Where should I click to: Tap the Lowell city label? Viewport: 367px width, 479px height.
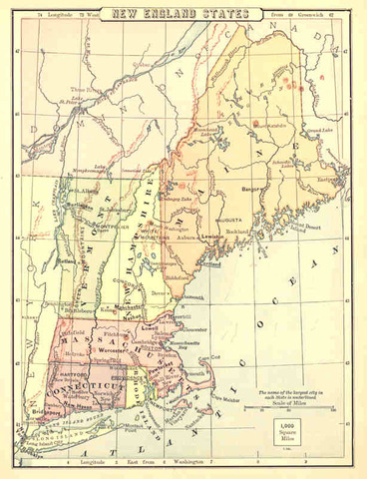(x=150, y=325)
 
